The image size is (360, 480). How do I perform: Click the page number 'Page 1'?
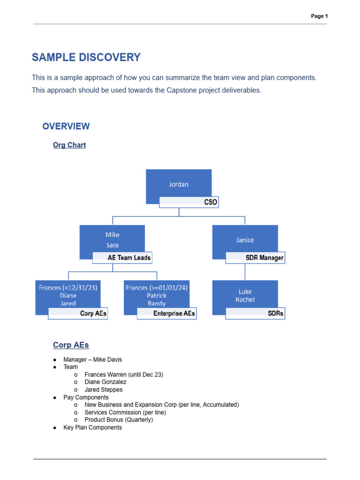click(319, 16)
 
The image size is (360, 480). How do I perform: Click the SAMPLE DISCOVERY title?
click(86, 58)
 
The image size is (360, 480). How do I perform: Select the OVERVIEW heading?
click(66, 126)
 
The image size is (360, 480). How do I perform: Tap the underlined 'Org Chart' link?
click(69, 145)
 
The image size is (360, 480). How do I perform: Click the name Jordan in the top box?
click(179, 184)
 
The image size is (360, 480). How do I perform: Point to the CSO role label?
click(210, 202)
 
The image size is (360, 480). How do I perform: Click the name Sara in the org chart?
click(112, 245)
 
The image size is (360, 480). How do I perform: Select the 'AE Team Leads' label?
click(129, 258)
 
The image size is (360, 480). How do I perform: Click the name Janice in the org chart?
click(245, 240)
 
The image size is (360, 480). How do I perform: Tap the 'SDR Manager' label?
click(264, 258)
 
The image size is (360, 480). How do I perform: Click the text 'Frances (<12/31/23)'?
click(68, 288)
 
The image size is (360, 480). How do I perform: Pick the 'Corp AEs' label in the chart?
click(93, 314)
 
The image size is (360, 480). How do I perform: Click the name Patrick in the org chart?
click(157, 296)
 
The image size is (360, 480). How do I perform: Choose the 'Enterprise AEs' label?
click(174, 314)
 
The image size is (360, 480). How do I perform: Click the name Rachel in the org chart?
click(245, 300)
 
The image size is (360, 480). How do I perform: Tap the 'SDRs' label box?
click(276, 314)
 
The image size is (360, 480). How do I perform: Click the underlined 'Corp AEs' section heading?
click(71, 345)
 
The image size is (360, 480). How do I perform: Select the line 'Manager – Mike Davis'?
click(92, 360)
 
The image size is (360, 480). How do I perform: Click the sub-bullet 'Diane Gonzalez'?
click(105, 382)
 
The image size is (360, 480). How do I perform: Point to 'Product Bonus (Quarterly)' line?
click(119, 420)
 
